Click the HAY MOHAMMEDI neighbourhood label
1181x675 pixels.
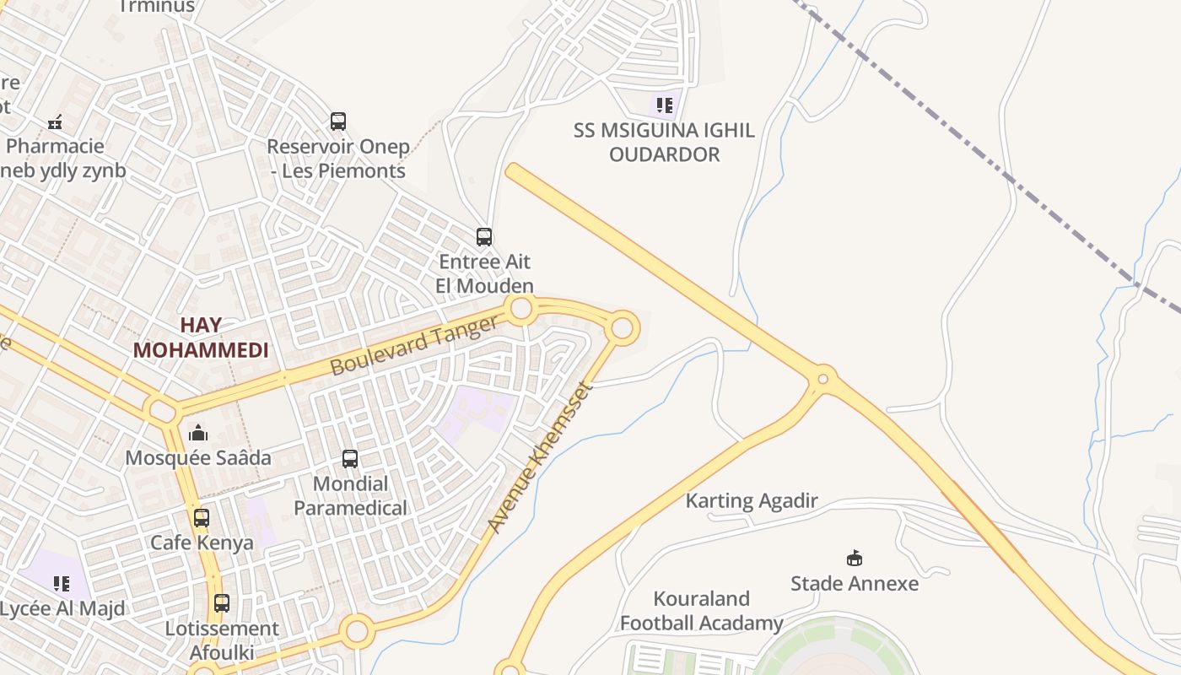201,337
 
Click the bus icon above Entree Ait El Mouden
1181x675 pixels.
483,237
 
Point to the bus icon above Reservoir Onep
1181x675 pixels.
338,121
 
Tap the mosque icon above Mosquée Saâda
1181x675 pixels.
198,433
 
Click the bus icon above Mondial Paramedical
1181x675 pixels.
350,459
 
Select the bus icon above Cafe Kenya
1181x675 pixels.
202,517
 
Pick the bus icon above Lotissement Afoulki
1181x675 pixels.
221,603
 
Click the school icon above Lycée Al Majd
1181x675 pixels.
61,584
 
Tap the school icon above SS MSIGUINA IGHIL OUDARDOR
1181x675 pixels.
664,105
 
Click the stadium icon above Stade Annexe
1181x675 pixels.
854,558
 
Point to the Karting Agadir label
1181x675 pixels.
751,501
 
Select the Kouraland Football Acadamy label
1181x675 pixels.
701,611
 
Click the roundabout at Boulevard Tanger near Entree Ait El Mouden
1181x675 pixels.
521,309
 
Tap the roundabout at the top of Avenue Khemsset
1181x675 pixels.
623,328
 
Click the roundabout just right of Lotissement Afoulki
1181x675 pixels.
357,630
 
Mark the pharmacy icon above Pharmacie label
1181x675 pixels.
55,123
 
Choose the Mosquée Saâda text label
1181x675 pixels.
198,458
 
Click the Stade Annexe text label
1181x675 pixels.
854,583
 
